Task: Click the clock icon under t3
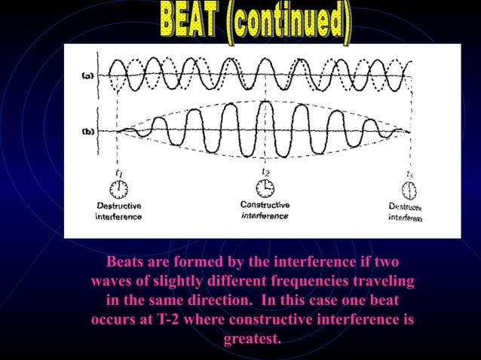pos(410,188)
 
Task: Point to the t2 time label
pos(265,171)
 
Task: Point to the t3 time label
pos(409,172)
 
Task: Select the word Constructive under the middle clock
pos(264,205)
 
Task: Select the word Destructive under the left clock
pos(118,206)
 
